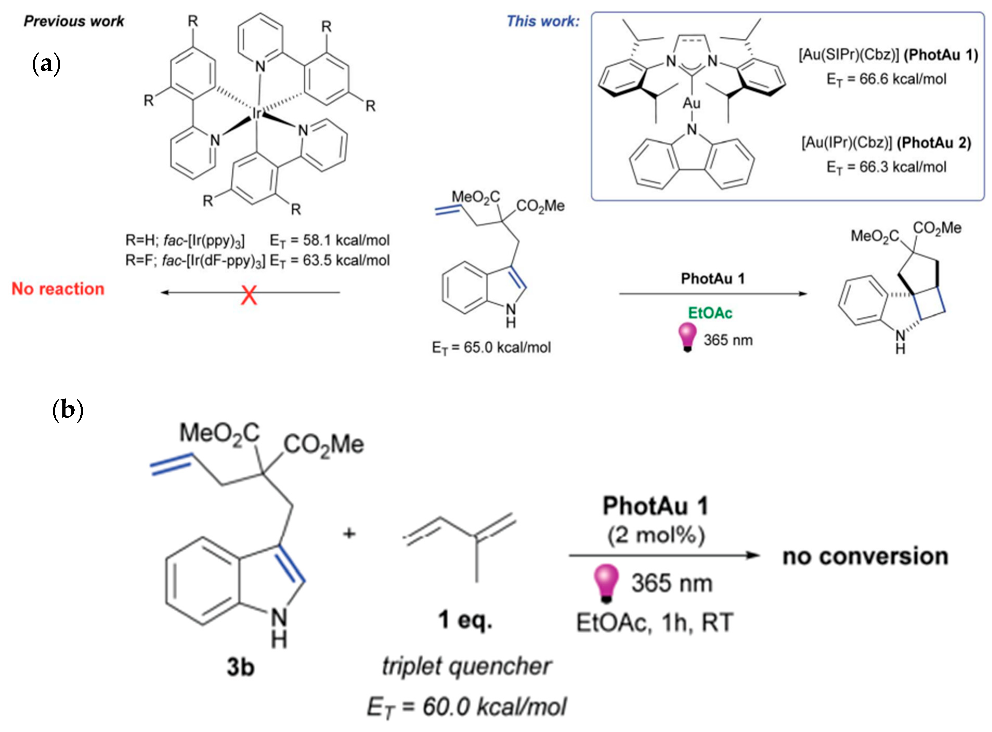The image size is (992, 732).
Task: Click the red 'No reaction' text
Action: [x=58, y=289]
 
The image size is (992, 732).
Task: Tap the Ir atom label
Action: [x=257, y=114]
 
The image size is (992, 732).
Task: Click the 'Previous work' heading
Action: [x=74, y=21]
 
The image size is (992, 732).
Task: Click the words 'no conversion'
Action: [x=865, y=557]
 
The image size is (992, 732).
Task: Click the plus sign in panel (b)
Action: [x=349, y=533]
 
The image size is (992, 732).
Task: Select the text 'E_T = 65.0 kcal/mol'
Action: [x=491, y=348]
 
